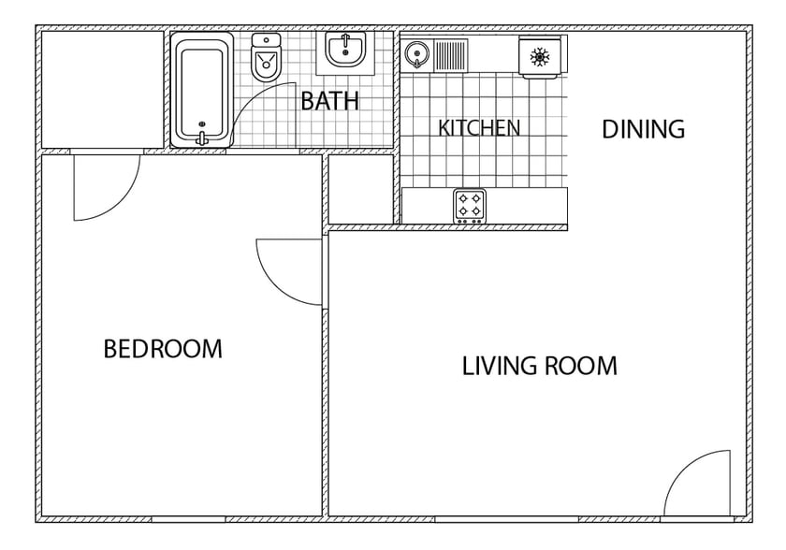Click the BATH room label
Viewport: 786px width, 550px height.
[x=329, y=101]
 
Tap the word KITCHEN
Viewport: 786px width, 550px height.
[x=479, y=128]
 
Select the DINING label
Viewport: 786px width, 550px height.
[x=643, y=129]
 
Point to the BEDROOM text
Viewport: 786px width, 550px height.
[x=163, y=350]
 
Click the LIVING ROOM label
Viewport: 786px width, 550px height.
[x=539, y=366]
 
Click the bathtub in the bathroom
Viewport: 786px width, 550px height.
[x=202, y=89]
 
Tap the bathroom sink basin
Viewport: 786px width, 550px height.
[x=346, y=50]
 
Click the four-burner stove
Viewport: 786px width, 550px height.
[x=470, y=205]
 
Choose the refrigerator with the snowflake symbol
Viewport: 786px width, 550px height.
[x=540, y=56]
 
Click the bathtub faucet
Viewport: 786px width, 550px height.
[x=201, y=136]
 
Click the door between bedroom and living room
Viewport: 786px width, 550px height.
[x=290, y=271]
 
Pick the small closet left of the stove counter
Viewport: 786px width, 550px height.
[x=361, y=189]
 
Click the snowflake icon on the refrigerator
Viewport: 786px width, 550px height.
[x=539, y=56]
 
